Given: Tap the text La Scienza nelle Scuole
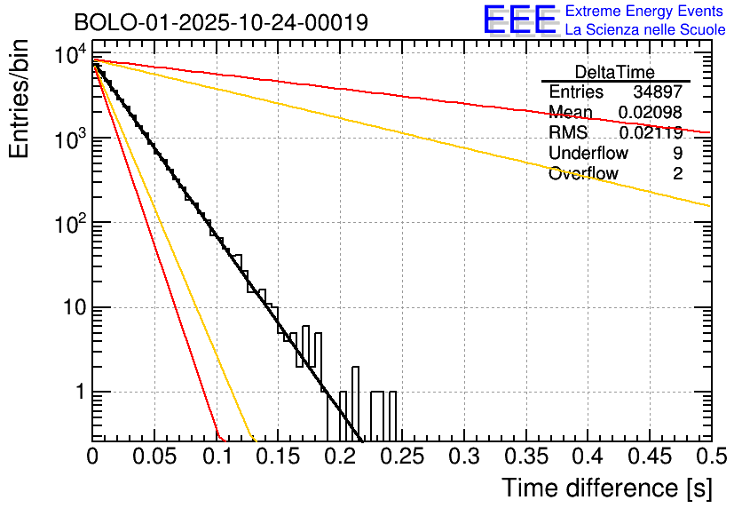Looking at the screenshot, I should (645, 29).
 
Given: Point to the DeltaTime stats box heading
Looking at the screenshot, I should (615, 72).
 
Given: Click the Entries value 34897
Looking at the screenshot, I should (658, 92).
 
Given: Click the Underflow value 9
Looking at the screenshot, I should (677, 154).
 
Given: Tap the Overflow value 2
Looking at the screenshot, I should (677, 174).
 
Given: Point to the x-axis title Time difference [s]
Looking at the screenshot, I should (605, 488).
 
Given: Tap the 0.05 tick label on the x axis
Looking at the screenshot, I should (154, 457).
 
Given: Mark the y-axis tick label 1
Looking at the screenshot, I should (79, 392).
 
